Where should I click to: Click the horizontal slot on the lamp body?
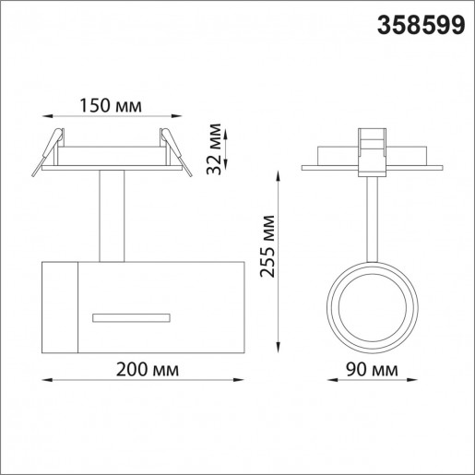point(131,316)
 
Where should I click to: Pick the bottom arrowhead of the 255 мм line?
point(280,346)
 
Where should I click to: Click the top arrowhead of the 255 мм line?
point(280,172)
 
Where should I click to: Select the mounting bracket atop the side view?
point(373,149)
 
